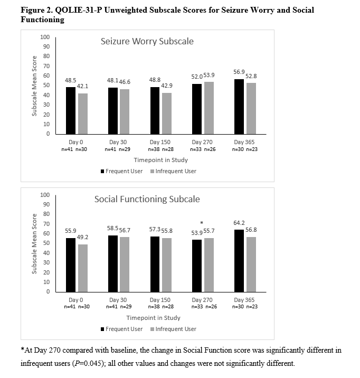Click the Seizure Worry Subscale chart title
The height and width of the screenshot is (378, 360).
pos(147,41)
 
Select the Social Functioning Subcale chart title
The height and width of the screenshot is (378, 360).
pos(147,199)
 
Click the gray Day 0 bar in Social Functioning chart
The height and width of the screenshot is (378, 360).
pos(83,268)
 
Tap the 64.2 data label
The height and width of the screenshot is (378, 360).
pos(240,224)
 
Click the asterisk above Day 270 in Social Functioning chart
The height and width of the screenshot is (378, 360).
pos(202,223)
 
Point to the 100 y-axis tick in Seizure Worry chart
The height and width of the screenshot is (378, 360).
pos(45,37)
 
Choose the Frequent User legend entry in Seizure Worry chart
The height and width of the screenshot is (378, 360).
pos(121,171)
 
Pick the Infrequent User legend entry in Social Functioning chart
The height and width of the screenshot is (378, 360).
pos(173,329)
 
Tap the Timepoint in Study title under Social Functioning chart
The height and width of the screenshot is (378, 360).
pos(153,318)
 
